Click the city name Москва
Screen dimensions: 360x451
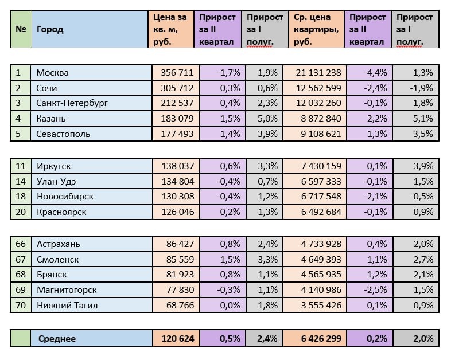[52, 73]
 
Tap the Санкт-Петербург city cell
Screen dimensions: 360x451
[72, 104]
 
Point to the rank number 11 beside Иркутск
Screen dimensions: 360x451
[21, 166]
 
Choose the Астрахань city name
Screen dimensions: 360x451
[58, 244]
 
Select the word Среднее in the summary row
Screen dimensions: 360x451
[57, 339]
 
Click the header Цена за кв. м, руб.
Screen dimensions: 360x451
[170, 29]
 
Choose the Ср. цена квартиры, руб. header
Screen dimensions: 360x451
[316, 29]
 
